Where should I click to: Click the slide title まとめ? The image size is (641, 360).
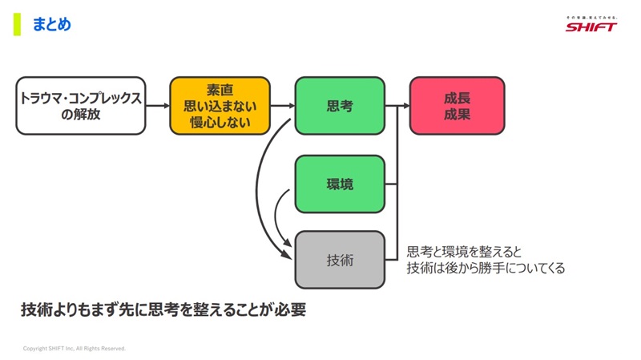52,25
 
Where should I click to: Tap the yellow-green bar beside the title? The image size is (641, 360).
17,24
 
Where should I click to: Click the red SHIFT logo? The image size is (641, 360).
591,26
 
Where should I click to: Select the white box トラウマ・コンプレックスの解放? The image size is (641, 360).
81,106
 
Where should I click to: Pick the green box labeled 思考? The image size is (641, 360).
340,106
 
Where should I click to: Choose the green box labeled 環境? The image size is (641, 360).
340,184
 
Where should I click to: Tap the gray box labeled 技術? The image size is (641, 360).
340,260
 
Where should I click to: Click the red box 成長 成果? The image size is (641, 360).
457,106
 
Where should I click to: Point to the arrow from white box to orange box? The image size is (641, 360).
158,106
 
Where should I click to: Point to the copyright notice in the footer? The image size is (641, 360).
75,349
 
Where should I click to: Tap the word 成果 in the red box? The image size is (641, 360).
457,115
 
